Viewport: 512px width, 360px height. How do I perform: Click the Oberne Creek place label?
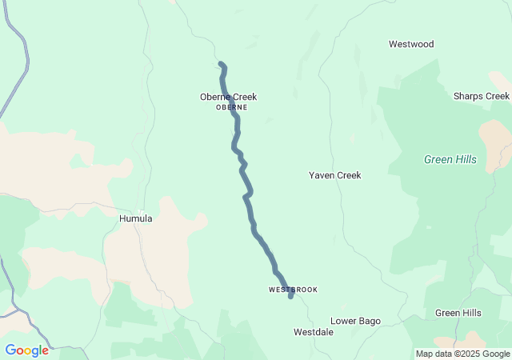228,98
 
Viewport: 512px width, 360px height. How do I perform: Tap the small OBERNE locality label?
231,107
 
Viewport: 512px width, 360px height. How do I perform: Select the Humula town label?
135,218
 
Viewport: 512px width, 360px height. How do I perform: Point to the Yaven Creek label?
335,175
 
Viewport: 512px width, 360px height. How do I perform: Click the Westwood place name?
411,44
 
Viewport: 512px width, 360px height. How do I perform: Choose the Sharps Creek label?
480,96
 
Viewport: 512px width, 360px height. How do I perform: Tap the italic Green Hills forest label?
450,159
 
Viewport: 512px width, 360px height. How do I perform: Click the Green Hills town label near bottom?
458,313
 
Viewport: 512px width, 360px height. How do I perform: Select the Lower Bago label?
355,321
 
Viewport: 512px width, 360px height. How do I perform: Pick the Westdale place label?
313,332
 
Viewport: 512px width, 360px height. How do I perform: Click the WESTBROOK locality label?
293,289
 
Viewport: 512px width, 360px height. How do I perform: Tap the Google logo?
26,350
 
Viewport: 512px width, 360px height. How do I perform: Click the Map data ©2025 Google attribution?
462,354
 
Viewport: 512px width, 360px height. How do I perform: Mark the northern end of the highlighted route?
220,63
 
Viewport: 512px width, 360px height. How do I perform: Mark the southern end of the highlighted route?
290,297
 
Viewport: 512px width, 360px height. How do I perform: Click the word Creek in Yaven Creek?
348,175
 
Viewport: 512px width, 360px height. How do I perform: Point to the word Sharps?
468,96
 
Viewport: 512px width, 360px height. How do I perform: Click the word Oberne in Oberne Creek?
214,98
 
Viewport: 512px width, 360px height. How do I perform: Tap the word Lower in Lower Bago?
343,321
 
